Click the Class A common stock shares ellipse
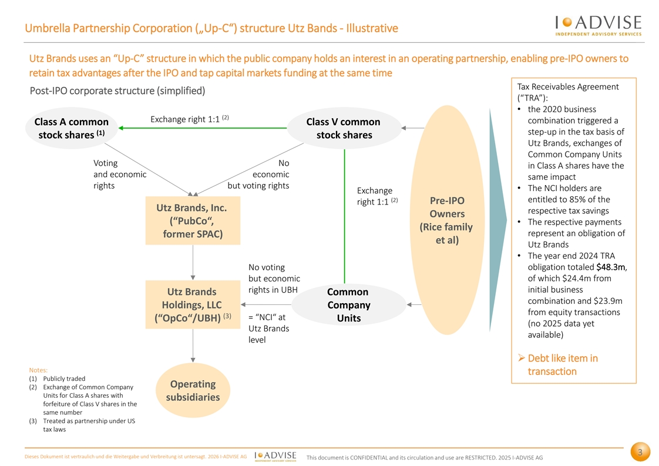tap(72, 128)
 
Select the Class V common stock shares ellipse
tap(344, 128)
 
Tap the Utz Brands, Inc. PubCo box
tap(193, 220)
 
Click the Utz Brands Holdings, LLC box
tap(193, 304)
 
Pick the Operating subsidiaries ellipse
tap(193, 390)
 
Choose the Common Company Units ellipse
tap(349, 304)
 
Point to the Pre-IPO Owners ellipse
tap(447, 220)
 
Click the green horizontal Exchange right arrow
tap(203, 128)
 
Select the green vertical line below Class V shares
tap(345, 216)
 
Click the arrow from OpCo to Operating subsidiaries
tap(193, 346)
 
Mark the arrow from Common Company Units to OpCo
tap(266, 304)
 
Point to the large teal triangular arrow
tap(498, 220)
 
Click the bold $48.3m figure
tap(611, 267)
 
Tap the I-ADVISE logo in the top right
tap(599, 25)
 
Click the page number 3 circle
tap(640, 452)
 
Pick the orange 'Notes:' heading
tap(38, 370)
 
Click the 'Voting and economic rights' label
tap(120, 174)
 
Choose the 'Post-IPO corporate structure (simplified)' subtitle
tap(117, 91)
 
